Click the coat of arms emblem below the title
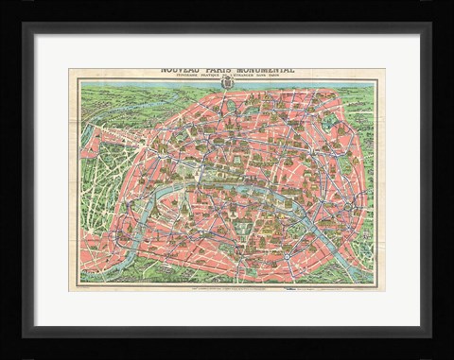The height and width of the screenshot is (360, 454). pos(227,91)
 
